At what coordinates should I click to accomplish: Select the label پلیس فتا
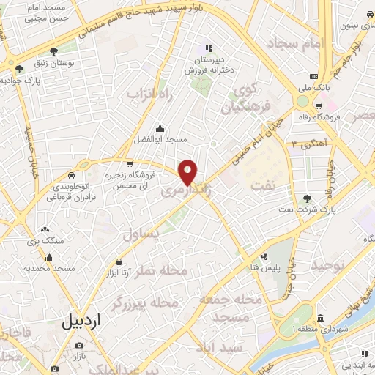tap(280, 257)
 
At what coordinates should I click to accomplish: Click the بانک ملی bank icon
tap(314, 77)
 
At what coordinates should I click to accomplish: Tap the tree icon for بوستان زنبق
tap(54, 51)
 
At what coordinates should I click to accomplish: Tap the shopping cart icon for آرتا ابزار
tap(119, 261)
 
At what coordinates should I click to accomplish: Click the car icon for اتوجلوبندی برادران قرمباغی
tap(70, 176)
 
